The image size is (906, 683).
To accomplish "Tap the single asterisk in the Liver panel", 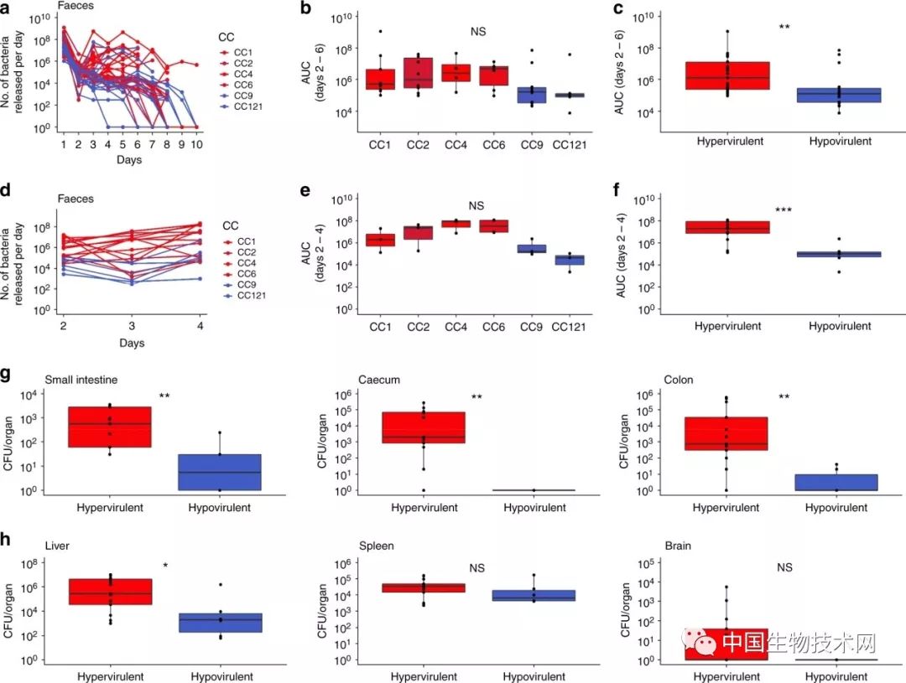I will click(165, 567).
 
